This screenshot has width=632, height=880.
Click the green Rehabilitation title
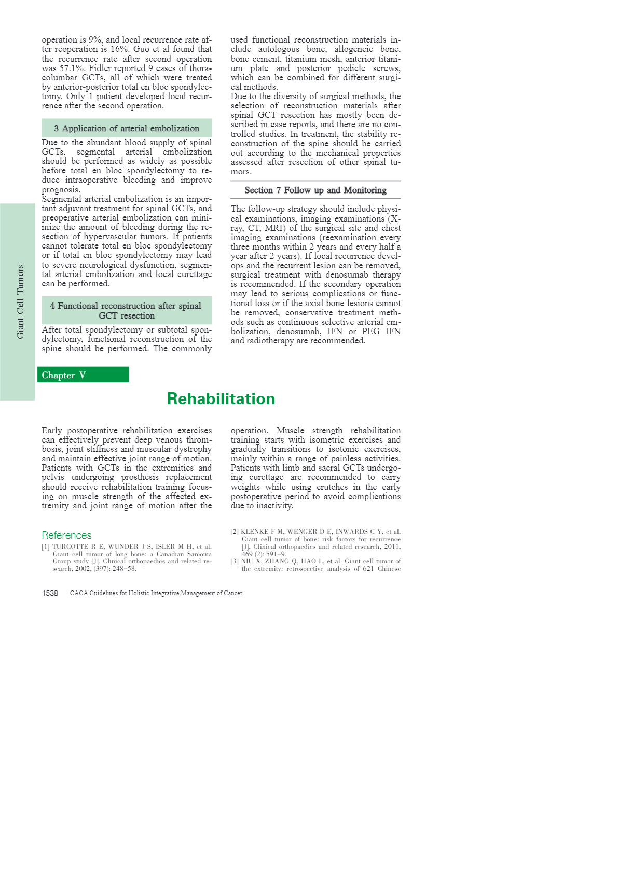pyautogui.click(x=221, y=398)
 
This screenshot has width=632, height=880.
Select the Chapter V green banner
pyautogui.click(x=83, y=375)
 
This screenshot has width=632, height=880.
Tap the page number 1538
pyautogui.click(x=50, y=593)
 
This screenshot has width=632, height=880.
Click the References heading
pyautogui.click(x=66, y=535)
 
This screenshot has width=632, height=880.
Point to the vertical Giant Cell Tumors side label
pyautogui.click(x=21, y=301)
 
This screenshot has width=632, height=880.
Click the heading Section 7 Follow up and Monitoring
pyautogui.click(x=315, y=190)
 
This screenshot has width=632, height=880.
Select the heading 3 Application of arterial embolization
pyautogui.click(x=127, y=128)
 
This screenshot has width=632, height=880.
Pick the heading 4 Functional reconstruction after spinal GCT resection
pyautogui.click(x=126, y=310)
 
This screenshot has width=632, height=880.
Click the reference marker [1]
pyautogui.click(x=46, y=547)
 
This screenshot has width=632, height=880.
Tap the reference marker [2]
pyautogui.click(x=235, y=532)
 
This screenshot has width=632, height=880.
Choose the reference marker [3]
pyautogui.click(x=235, y=561)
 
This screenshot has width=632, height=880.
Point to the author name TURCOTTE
pyautogui.click(x=71, y=547)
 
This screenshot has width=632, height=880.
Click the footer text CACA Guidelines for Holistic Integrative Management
pyautogui.click(x=156, y=593)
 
